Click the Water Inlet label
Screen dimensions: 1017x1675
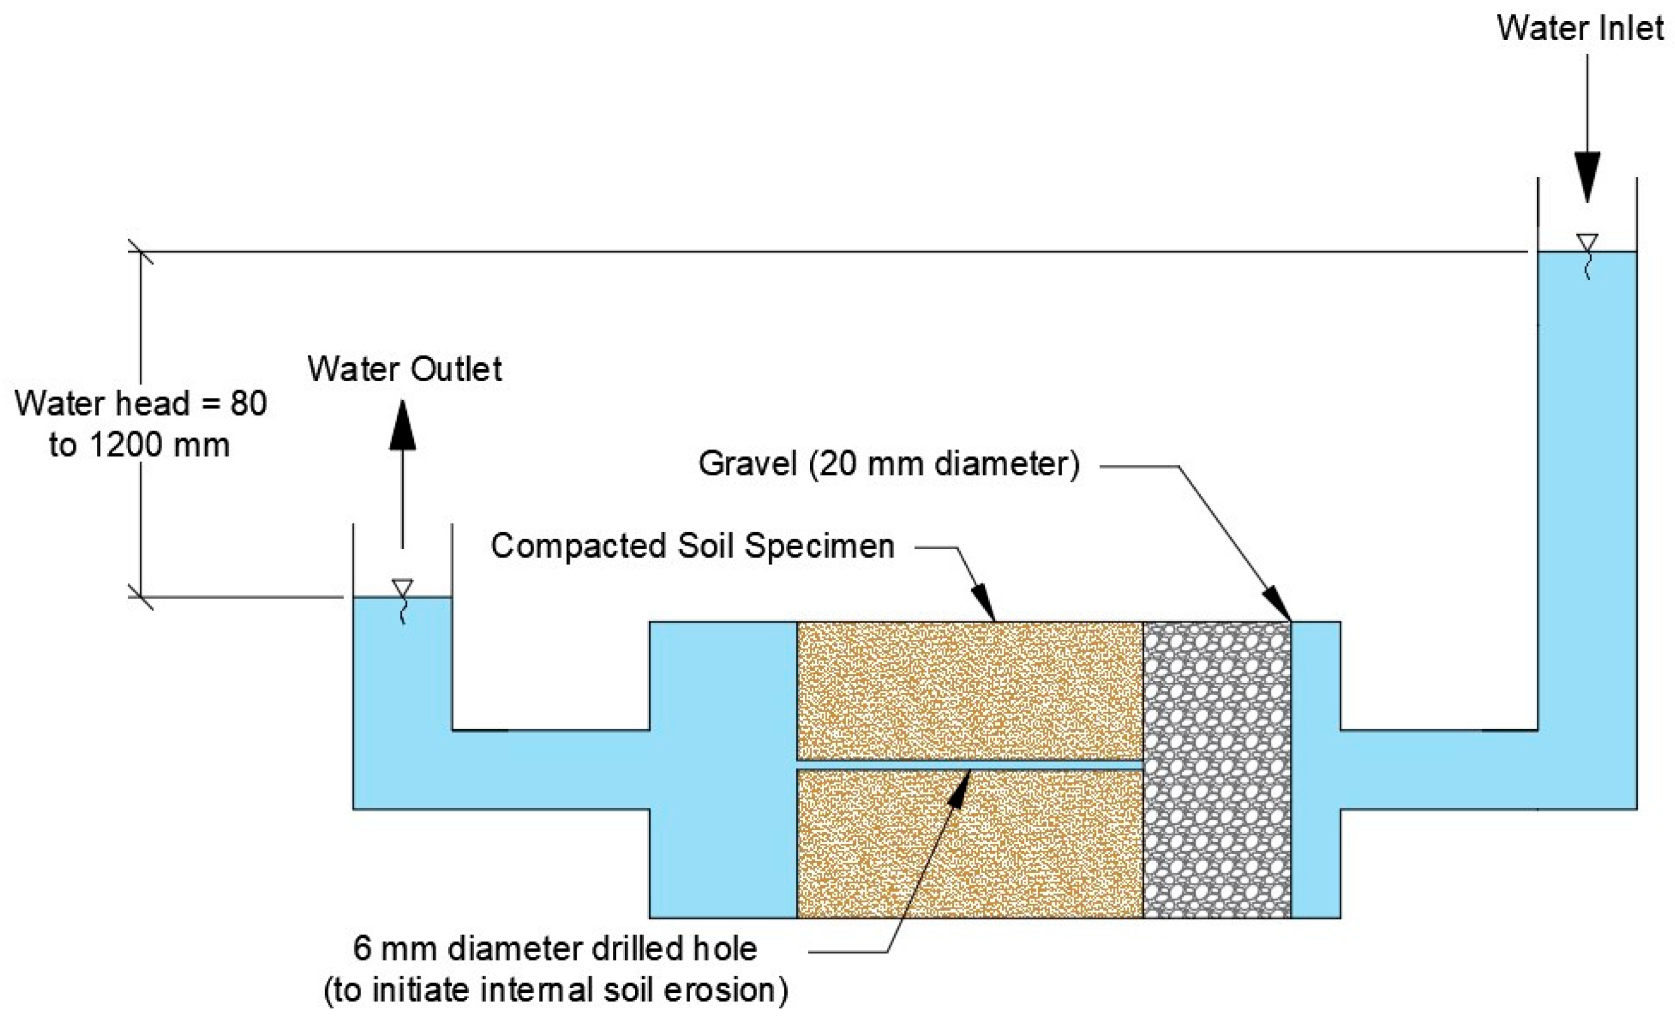pyautogui.click(x=1580, y=29)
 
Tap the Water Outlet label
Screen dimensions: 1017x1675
pyautogui.click(x=405, y=369)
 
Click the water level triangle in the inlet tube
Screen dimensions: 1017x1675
pyautogui.click(x=1587, y=242)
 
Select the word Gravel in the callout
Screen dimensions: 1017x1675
pyautogui.click(x=747, y=464)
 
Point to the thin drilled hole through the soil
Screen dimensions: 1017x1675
pyautogui.click(x=969, y=765)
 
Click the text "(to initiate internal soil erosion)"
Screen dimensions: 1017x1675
pyautogui.click(x=556, y=991)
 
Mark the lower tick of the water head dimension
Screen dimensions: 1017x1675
pyautogui.click(x=140, y=597)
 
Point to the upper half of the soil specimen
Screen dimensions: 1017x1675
pyautogui.click(x=969, y=690)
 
